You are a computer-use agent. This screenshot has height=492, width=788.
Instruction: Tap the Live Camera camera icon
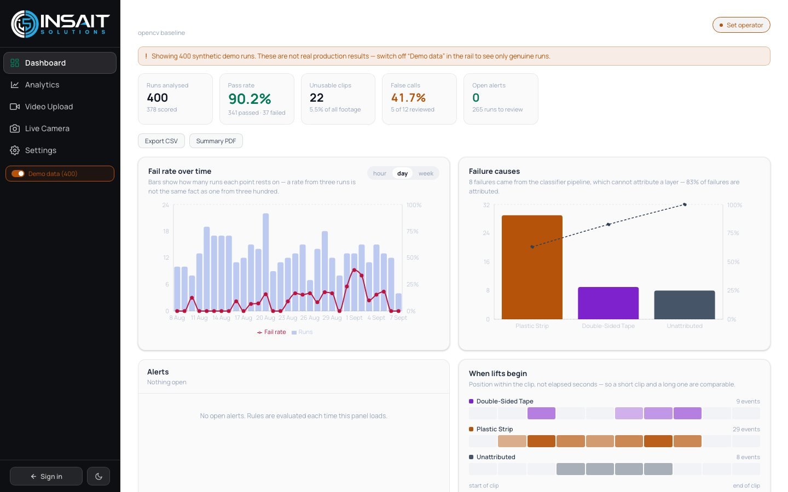click(x=14, y=128)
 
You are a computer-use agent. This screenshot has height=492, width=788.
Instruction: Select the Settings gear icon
click(x=14, y=150)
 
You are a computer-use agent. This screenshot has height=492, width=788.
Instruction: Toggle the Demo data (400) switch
click(x=18, y=174)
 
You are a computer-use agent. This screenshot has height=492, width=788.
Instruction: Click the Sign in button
click(x=46, y=476)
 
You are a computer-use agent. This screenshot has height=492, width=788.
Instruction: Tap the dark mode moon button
click(x=99, y=476)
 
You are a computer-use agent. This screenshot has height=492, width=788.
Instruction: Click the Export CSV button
click(x=161, y=141)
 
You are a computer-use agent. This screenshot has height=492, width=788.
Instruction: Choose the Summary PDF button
click(x=216, y=141)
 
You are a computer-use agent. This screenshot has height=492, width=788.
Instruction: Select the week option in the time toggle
click(x=426, y=173)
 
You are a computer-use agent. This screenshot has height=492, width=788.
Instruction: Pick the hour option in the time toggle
click(x=380, y=173)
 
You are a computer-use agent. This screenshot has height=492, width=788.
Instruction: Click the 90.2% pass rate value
click(x=250, y=99)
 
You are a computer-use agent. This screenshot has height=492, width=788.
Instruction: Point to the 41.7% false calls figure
click(x=408, y=97)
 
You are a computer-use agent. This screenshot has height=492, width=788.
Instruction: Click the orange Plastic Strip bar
click(x=532, y=267)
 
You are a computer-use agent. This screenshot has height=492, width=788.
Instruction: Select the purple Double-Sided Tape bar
click(x=609, y=303)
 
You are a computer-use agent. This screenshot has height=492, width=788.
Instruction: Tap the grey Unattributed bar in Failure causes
click(x=685, y=304)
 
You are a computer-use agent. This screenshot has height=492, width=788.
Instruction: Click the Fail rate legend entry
click(x=271, y=332)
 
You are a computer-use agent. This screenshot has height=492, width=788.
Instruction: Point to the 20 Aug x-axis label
click(x=265, y=318)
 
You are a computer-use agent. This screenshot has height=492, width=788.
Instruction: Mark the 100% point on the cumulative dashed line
click(x=685, y=204)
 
